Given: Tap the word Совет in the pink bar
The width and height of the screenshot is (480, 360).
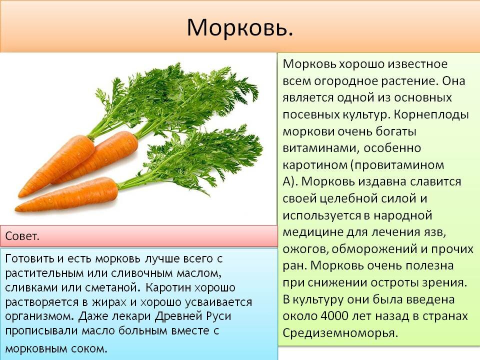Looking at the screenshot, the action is (x=21, y=236).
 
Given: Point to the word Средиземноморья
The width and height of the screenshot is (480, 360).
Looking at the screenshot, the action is (x=339, y=333).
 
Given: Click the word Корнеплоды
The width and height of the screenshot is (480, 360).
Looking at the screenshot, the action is (x=431, y=115).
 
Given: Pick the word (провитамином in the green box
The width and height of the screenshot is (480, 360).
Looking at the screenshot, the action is (x=396, y=165).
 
